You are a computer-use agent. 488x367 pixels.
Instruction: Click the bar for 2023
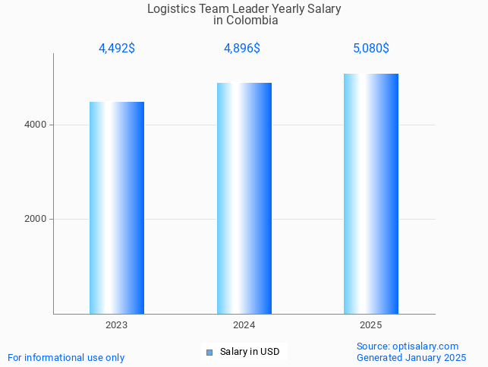coord(117,207)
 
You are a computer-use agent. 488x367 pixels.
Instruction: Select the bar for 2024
coord(244,198)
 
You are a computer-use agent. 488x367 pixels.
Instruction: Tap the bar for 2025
coord(371,193)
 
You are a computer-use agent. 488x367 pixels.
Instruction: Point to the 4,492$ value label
coord(117,49)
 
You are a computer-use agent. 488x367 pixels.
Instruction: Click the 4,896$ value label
coord(242,49)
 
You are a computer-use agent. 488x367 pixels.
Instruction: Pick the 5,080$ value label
coord(371,49)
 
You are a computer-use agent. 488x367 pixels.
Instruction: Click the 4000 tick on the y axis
coord(36,125)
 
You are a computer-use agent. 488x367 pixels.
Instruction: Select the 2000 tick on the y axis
coord(36,219)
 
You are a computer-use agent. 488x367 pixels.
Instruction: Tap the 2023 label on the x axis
coord(117,325)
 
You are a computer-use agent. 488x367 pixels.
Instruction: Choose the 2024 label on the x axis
coord(244,325)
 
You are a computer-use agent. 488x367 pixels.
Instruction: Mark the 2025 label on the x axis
coord(371,325)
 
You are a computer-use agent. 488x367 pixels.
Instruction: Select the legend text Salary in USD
coord(250,352)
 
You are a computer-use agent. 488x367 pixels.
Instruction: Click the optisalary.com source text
coord(408,346)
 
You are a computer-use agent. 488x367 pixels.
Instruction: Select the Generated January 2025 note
coord(411,357)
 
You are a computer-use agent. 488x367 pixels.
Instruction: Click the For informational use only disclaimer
coord(66,357)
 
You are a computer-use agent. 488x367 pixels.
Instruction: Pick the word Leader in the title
coord(250,9)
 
